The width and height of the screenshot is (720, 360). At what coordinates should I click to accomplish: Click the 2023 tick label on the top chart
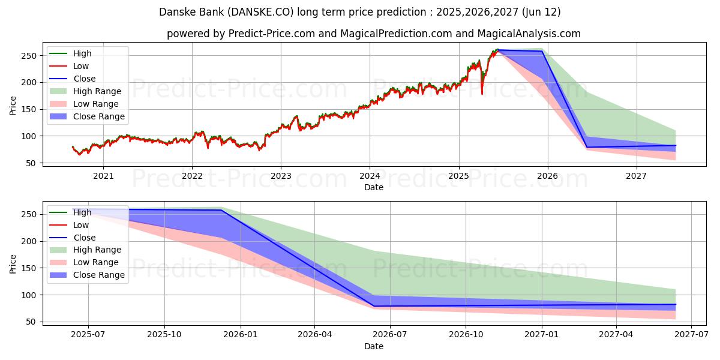tap(281, 176)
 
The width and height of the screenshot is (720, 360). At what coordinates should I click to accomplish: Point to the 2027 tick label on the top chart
tap(636, 176)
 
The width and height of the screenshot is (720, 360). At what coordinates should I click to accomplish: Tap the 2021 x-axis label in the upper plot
tap(103, 176)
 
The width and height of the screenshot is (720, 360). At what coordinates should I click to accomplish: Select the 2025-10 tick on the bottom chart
tap(164, 335)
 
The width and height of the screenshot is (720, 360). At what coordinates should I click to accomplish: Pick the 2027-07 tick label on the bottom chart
tap(691, 335)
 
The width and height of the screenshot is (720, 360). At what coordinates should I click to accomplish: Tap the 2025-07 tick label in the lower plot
tap(88, 335)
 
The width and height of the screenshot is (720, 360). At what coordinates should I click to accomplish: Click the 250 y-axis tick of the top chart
tap(29, 56)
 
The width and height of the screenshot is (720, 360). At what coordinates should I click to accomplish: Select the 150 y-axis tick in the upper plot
tap(29, 109)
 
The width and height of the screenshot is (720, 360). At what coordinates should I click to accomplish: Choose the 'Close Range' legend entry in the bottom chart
tap(99, 275)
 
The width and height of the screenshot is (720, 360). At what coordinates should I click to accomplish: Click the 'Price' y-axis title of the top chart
tap(13, 106)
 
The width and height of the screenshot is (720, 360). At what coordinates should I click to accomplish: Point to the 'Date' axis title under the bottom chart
tap(373, 346)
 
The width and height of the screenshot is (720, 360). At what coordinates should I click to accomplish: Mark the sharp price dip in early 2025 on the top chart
tap(482, 93)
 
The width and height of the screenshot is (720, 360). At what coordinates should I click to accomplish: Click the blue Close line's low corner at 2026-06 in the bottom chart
tap(374, 306)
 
